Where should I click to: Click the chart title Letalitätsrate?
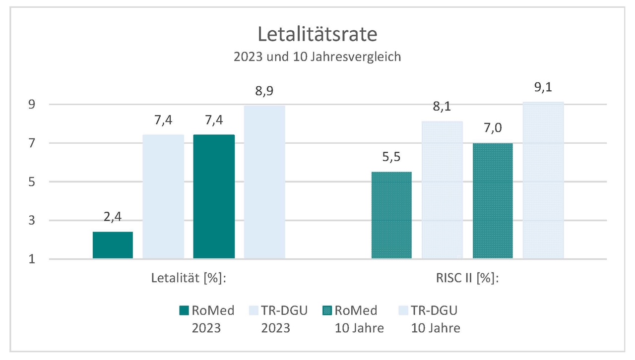(317, 35)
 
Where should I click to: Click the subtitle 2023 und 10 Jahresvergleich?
(317, 57)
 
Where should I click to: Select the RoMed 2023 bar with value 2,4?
(113, 245)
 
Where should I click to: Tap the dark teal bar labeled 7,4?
(214, 196)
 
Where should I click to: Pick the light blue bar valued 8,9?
(264, 182)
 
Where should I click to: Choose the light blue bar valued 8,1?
(442, 189)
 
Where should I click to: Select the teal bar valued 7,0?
(493, 200)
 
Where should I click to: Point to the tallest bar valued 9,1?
(543, 180)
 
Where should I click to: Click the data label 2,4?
(113, 218)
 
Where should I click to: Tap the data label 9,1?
(543, 88)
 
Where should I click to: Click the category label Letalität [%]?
(189, 278)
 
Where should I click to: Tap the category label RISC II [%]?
(467, 278)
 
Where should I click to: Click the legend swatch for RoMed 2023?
(183, 311)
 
